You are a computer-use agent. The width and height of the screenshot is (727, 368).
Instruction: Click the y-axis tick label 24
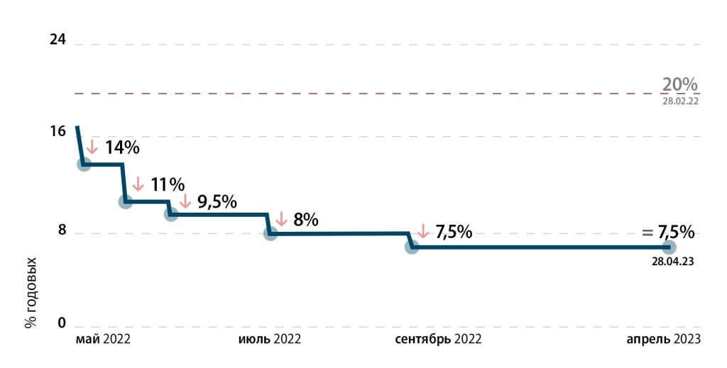point(58,40)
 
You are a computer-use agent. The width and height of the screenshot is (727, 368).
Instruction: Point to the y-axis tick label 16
point(58,131)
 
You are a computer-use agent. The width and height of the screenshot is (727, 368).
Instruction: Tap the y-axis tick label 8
point(61,231)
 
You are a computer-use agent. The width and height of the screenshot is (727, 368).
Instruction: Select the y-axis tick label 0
point(61,323)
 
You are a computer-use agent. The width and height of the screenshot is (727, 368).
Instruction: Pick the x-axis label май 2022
point(103,339)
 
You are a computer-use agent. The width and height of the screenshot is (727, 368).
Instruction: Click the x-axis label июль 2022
point(268,339)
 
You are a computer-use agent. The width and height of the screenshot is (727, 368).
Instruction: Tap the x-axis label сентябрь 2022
point(438,339)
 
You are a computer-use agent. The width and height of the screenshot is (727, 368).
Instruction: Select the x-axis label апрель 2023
point(663,339)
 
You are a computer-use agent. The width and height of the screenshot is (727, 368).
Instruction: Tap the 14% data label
point(122,147)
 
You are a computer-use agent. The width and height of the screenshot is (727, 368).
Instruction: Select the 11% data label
point(167,185)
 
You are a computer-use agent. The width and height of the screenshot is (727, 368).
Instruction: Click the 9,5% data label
point(217,201)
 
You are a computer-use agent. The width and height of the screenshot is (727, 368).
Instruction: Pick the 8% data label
point(305,220)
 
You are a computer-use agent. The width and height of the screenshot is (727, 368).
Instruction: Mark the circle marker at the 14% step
point(84,165)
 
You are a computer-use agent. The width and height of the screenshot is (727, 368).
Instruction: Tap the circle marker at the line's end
point(669,247)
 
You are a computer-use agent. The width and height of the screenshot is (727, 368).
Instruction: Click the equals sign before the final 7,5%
point(647,233)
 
